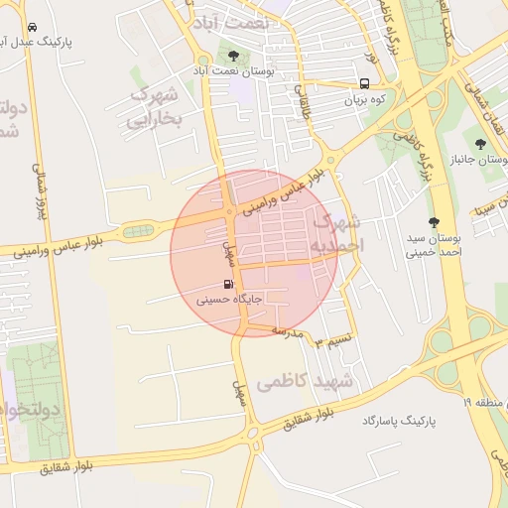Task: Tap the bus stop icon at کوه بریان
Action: point(365,83)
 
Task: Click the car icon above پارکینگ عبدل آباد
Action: point(34,27)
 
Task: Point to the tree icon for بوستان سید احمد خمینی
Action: point(433,222)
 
